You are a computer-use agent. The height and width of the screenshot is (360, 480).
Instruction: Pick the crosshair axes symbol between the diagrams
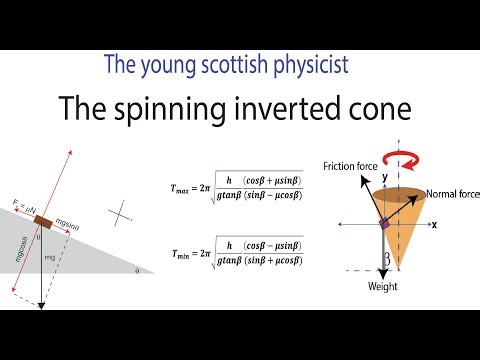pos(122,213)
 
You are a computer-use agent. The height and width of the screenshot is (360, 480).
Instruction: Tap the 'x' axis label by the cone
pos(434,225)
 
